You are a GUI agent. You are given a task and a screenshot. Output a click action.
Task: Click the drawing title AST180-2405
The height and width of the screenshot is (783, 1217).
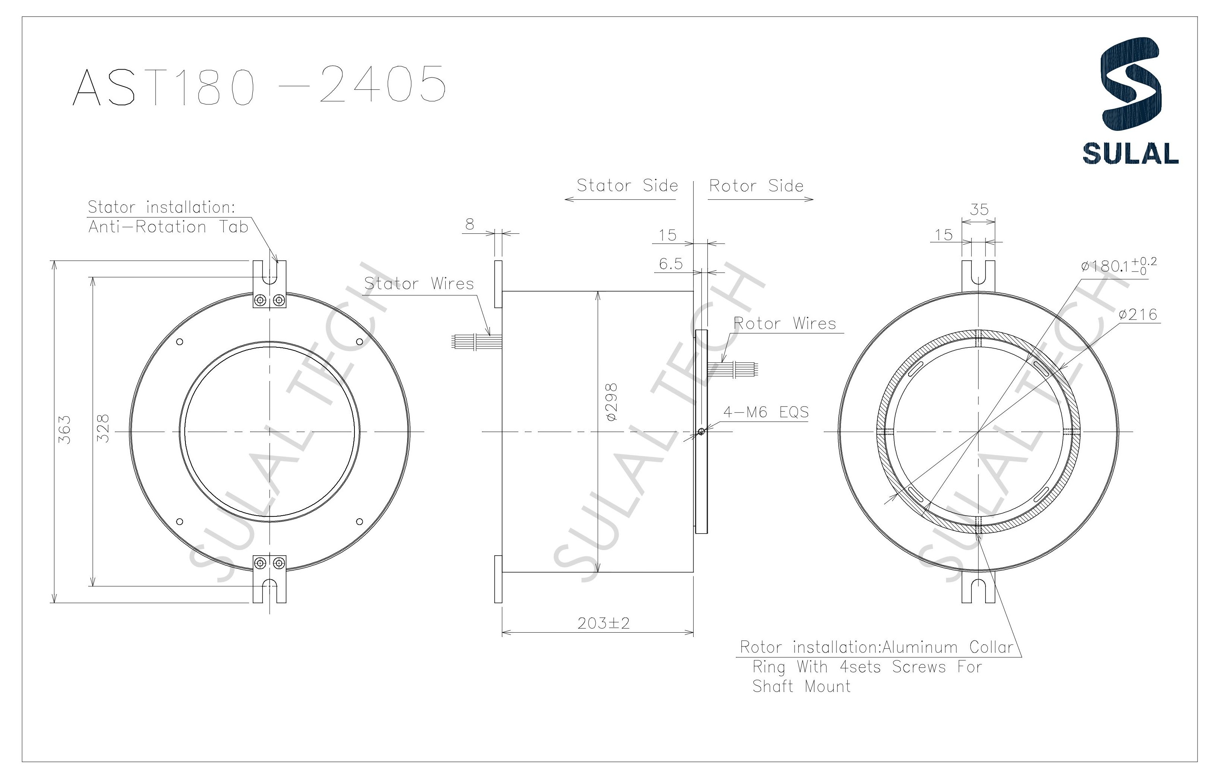pos(259,85)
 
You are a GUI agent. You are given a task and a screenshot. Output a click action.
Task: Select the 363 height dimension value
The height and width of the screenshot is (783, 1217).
pos(65,430)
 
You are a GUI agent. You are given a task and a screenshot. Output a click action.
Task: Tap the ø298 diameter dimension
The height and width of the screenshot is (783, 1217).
pos(612,402)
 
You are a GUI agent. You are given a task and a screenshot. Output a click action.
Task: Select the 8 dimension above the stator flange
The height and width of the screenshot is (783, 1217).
pos(469,224)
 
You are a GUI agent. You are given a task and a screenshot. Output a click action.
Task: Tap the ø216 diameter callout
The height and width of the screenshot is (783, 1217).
pos(1138,315)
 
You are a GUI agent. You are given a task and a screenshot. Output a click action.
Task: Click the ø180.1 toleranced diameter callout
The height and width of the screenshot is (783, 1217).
pos(1118,266)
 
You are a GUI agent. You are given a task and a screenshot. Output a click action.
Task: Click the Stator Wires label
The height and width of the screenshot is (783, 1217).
pos(419,284)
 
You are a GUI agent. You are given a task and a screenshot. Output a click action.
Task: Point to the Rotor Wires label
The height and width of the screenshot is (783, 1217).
pos(784,323)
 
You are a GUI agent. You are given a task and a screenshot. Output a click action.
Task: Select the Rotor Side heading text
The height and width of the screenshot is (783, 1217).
pos(756,186)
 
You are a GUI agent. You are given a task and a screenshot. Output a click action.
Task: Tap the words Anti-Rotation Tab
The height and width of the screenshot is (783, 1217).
pos(168,227)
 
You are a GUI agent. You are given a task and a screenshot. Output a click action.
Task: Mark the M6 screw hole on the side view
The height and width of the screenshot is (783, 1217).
pos(701,432)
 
